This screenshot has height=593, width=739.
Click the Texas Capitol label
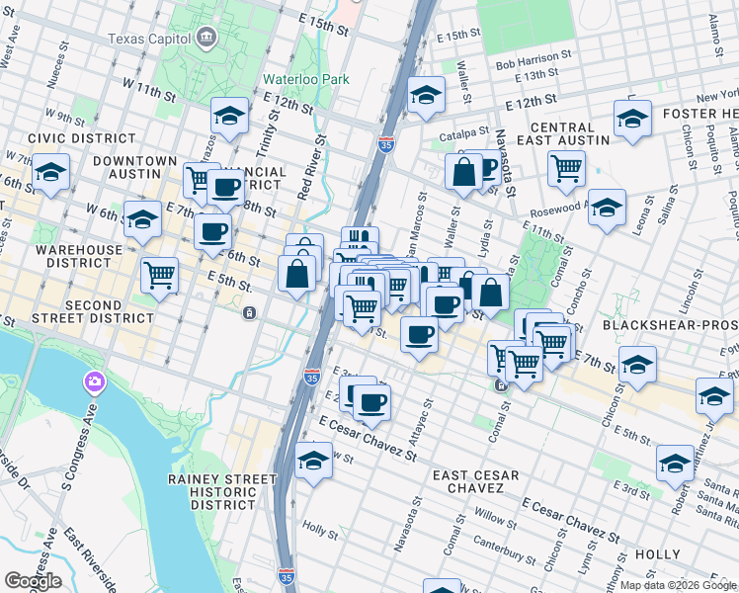pyautogui.click(x=151, y=40)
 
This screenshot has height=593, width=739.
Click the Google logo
pyautogui.click(x=32, y=581)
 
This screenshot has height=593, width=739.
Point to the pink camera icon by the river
pyautogui.click(x=95, y=381)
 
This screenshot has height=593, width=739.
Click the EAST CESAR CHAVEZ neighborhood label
pyautogui.click(x=476, y=481)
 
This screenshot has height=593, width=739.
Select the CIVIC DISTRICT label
pyautogui.click(x=68, y=138)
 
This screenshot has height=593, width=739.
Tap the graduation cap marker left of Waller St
pyautogui.click(x=426, y=95)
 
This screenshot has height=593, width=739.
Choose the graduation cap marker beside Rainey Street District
pyautogui.click(x=314, y=461)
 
